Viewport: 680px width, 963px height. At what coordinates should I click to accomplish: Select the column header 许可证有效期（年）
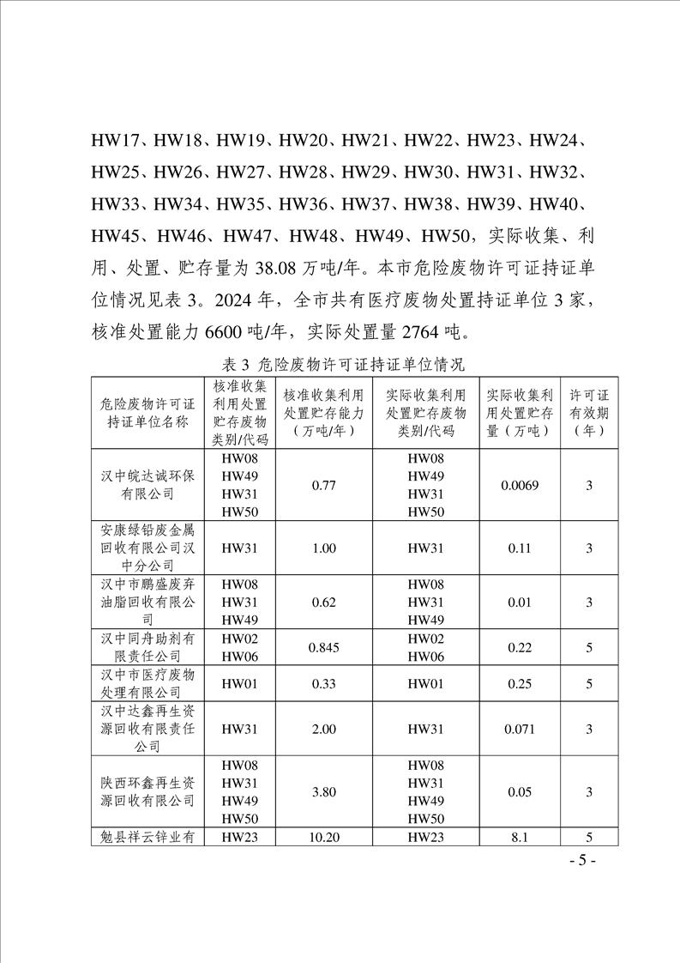coord(589,412)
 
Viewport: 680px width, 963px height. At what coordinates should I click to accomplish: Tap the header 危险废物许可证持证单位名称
coord(147,412)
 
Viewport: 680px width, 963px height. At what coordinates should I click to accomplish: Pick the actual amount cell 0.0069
coord(519,486)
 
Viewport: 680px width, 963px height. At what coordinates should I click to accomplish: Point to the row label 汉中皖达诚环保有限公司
coord(147,486)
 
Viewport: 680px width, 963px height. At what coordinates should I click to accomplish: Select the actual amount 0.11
coord(519,548)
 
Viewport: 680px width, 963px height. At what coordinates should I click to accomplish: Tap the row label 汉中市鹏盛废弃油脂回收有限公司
coord(147,602)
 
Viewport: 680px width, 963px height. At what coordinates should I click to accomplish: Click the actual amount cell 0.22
coord(519,648)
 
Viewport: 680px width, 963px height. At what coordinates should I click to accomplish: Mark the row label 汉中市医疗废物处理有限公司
coord(147,683)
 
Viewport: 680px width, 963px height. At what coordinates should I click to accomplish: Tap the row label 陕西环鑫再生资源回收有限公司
coord(147,792)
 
